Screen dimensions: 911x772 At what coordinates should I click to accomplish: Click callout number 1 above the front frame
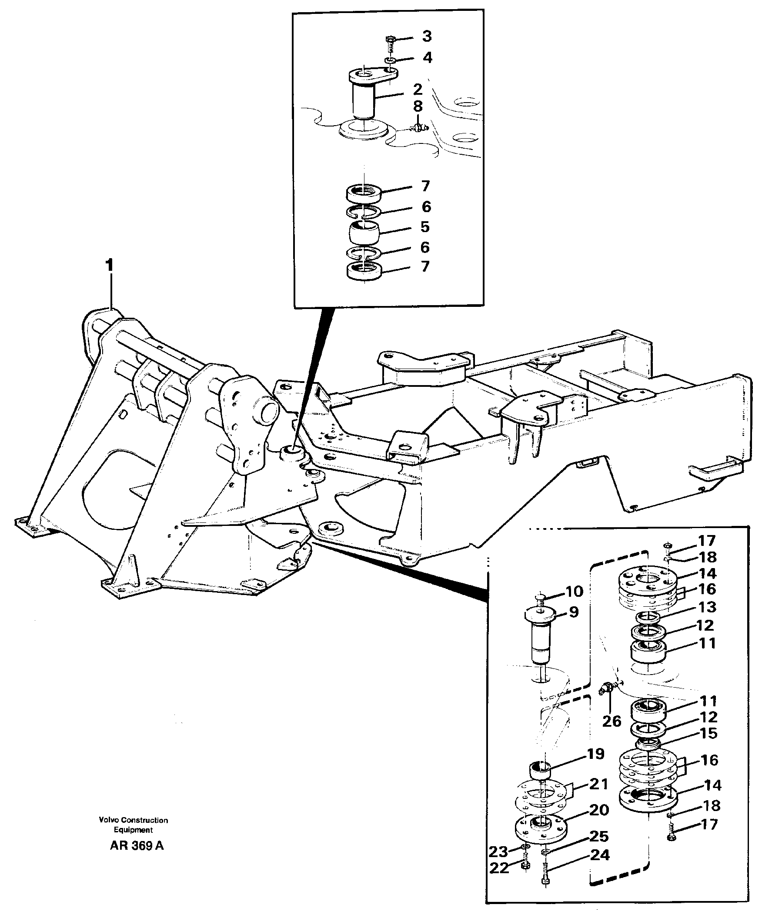[109, 265]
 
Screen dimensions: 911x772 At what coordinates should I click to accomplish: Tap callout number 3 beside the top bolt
[427, 37]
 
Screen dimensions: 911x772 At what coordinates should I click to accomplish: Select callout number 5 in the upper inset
[425, 227]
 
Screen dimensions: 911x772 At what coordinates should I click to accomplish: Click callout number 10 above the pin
[574, 592]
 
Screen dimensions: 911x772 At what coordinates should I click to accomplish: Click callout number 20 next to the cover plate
[599, 810]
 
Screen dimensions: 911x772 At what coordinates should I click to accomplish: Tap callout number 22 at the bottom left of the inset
[499, 868]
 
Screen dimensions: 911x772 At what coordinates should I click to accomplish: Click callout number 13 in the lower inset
[707, 607]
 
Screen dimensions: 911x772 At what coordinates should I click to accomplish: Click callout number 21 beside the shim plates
[599, 784]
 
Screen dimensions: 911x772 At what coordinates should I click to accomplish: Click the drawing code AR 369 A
[137, 845]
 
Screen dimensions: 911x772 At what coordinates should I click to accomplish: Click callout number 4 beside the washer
[427, 57]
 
